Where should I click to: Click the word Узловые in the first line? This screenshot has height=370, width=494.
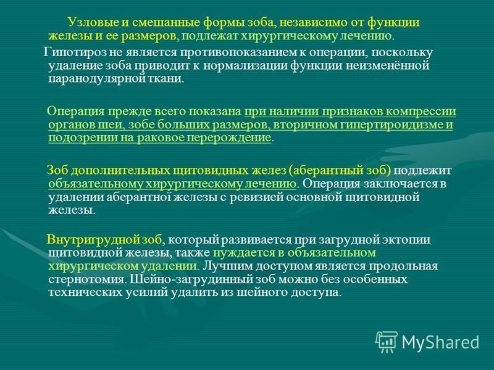(93, 23)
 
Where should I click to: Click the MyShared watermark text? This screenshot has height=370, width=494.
(441, 342)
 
